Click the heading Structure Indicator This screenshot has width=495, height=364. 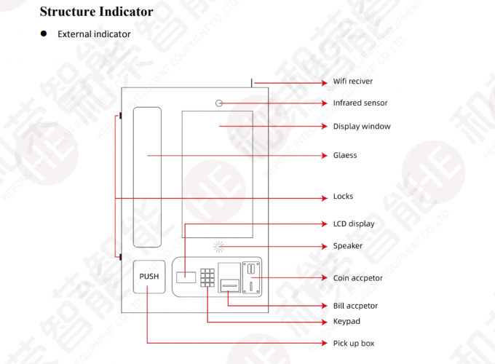point(96,12)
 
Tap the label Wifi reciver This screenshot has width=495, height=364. point(353,82)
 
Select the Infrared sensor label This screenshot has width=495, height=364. point(360,103)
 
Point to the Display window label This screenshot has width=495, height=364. point(362,127)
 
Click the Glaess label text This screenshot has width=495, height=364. point(345,155)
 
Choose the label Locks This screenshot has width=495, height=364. point(343,197)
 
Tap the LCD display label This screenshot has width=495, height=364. point(354,223)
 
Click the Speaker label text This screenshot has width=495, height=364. point(347,246)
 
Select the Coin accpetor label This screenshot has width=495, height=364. point(357,278)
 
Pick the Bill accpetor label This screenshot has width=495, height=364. point(355,306)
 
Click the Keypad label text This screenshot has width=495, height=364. point(346,321)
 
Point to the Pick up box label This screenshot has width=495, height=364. point(354,343)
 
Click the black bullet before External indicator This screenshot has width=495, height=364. point(43,33)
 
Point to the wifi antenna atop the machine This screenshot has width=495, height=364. point(253,82)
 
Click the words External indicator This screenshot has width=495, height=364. point(94,34)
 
